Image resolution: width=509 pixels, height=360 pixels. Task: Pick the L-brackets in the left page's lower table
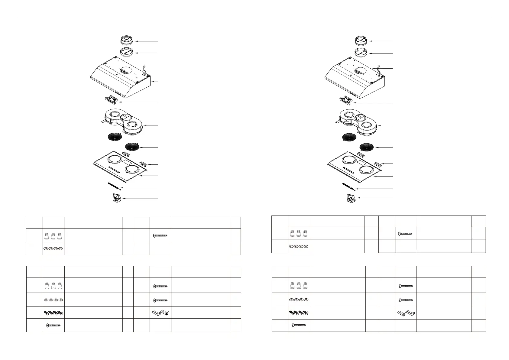click(x=160, y=313)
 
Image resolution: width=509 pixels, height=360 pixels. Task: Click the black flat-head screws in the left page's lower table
click(x=53, y=313)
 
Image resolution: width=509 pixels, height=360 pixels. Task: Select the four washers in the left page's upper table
click(x=53, y=248)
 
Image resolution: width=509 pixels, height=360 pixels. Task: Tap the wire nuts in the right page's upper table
click(x=299, y=233)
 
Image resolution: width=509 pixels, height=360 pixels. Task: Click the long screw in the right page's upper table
click(x=406, y=233)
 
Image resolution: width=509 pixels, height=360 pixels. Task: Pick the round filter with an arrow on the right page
click(x=367, y=147)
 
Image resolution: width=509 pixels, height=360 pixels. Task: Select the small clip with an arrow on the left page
click(x=143, y=164)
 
